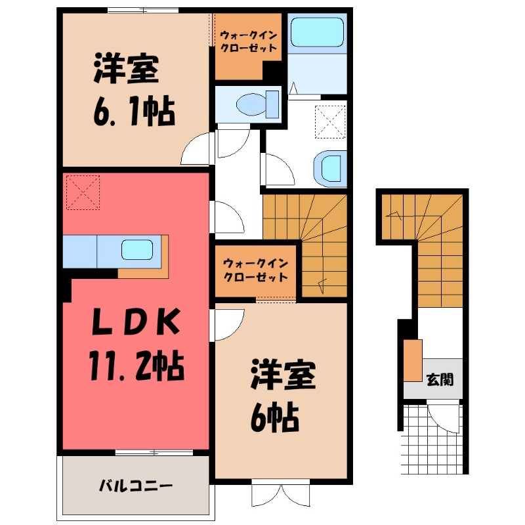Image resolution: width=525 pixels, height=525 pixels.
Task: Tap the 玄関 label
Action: (x=440, y=379)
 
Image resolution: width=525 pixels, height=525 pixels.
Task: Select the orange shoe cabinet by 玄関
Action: (x=413, y=361)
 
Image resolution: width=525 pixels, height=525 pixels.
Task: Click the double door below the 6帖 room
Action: (x=281, y=495)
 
